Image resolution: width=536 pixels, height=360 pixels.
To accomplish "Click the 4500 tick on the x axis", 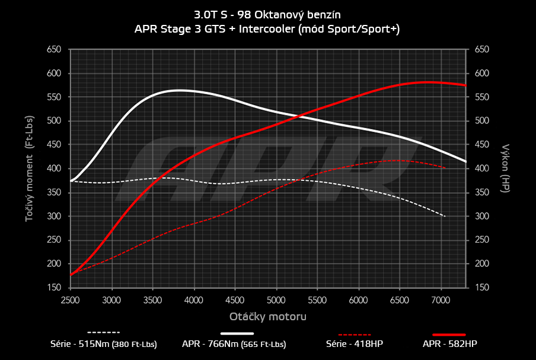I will click(x=235, y=300).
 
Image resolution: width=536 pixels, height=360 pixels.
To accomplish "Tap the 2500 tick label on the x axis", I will click(x=71, y=300).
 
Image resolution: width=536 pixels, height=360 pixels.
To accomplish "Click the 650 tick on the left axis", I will click(x=54, y=50).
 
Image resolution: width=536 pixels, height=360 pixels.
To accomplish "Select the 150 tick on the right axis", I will click(x=481, y=288).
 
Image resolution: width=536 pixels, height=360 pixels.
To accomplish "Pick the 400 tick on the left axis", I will click(x=54, y=168).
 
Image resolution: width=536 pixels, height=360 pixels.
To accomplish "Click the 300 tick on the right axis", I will click(x=481, y=216).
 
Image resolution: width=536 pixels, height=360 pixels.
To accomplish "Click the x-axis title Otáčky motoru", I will click(x=268, y=317).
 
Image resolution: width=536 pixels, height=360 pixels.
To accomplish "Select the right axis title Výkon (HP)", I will click(x=506, y=168).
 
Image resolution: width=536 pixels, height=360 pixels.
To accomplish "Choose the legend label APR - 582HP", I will click(x=449, y=343).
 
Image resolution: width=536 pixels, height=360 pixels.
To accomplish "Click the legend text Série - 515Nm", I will click(x=104, y=343).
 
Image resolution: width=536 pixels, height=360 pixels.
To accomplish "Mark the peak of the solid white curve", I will click(x=178, y=90).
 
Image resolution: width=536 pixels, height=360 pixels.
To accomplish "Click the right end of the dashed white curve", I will click(x=445, y=216).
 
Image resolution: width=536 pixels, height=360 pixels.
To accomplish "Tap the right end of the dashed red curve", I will click(x=445, y=168).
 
